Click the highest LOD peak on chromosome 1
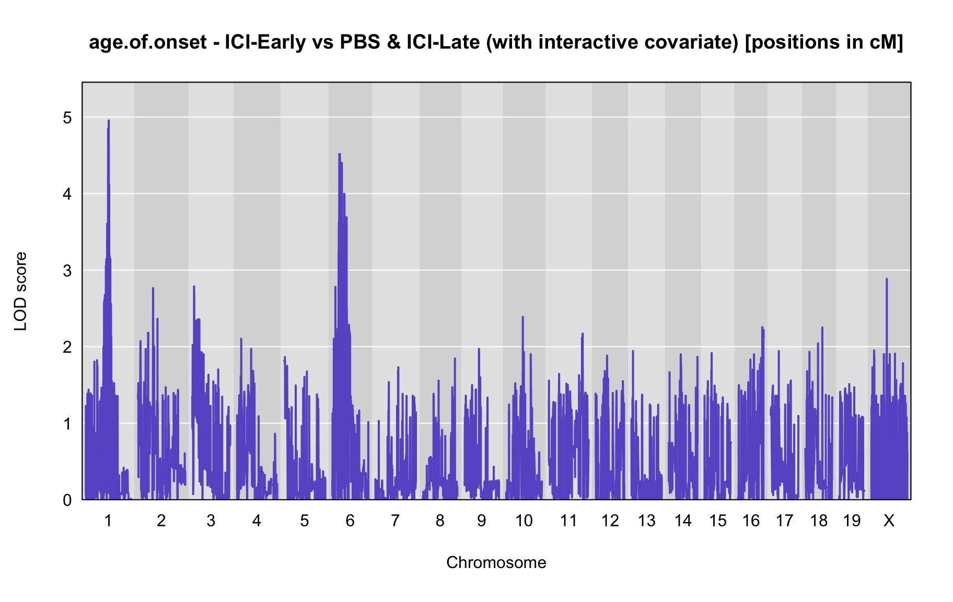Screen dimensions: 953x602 (x=109, y=121)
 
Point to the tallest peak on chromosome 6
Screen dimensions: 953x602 (x=340, y=154)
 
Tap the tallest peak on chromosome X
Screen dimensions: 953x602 (x=887, y=280)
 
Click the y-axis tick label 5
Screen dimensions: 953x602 (x=67, y=118)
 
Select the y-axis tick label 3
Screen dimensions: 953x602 (x=67, y=271)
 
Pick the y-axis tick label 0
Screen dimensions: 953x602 (x=67, y=500)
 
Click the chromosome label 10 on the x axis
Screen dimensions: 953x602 (x=524, y=520)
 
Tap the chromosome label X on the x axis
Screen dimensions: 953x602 (x=889, y=520)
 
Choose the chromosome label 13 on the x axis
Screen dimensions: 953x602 (x=647, y=520)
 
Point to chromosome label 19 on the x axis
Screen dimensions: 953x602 (x=852, y=520)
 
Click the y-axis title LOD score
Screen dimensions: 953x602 (x=21, y=291)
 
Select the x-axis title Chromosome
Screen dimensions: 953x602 (x=496, y=562)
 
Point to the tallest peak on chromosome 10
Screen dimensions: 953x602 (x=522, y=317)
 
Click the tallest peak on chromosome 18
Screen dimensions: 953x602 (x=822, y=328)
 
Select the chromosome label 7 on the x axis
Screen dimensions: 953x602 (x=395, y=520)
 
